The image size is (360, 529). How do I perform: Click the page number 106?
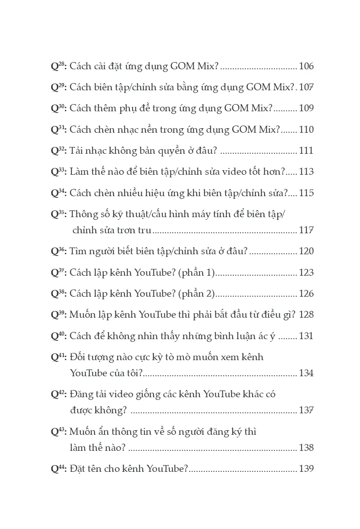(306, 67)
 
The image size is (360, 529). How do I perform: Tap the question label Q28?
(59, 67)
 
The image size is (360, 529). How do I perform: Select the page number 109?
(306, 109)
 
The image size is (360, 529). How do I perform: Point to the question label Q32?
(59, 151)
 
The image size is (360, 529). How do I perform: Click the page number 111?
(306, 151)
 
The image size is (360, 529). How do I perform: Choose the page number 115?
(306, 193)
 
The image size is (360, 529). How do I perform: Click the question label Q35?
(59, 214)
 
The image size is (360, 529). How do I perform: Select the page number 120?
(306, 251)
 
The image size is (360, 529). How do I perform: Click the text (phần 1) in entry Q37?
(197, 273)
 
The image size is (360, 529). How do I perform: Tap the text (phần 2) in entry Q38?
(197, 294)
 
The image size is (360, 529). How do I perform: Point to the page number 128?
(306, 315)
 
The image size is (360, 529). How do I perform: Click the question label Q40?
(59, 336)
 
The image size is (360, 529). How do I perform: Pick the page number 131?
(306, 336)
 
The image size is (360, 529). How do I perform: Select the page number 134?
(306, 373)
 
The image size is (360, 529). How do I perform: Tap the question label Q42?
(59, 395)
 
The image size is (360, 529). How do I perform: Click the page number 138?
(306, 448)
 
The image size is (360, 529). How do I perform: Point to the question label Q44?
(59, 469)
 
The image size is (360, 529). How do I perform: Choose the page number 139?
(306, 469)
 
